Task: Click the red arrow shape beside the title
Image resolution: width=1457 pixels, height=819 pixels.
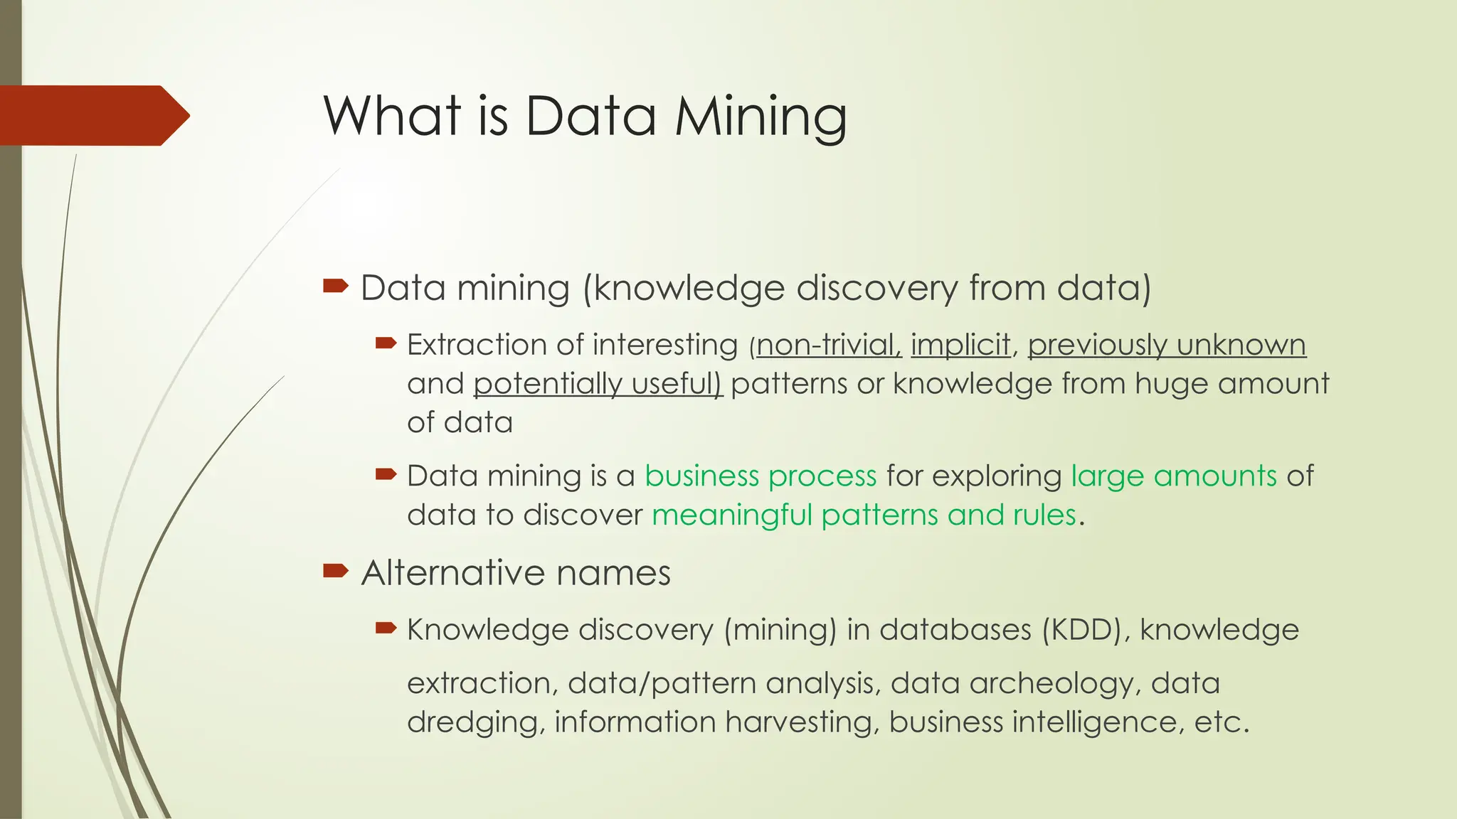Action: [x=92, y=115]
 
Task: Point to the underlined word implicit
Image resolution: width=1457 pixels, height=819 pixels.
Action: [x=960, y=346]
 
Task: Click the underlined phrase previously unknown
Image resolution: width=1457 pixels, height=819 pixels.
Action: [x=1167, y=346]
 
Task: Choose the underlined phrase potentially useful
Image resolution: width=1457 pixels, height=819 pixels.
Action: [x=598, y=384]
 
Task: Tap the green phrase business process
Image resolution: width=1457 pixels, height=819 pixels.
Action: [x=761, y=476]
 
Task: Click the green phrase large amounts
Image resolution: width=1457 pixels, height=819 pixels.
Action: [x=1174, y=476]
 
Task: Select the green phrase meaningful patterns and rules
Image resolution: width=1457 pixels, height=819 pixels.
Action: [x=864, y=515]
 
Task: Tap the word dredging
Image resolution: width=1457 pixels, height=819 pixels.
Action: [x=476, y=723]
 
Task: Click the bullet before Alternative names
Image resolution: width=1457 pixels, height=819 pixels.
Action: [x=336, y=570]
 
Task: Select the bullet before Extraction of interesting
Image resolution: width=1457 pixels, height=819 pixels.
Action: [x=386, y=344]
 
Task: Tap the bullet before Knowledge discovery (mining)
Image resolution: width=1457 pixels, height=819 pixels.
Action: [x=386, y=628]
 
